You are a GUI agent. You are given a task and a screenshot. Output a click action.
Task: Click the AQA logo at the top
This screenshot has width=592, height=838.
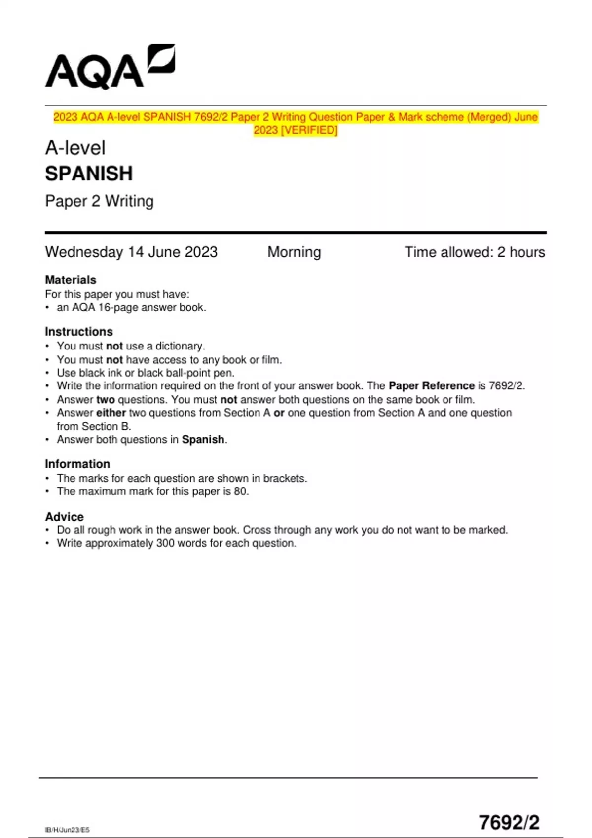(110, 68)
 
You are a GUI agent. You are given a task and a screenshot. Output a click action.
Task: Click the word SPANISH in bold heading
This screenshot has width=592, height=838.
(89, 174)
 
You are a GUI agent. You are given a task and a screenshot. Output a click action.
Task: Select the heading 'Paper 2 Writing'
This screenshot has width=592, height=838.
(99, 201)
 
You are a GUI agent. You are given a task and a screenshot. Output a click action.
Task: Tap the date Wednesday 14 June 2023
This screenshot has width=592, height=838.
(131, 252)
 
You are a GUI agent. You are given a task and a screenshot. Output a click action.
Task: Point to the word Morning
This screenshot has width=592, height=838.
(294, 252)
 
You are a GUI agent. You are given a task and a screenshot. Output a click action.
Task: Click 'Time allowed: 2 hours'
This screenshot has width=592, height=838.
(475, 252)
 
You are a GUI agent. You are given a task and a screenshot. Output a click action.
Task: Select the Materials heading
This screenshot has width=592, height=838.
(71, 279)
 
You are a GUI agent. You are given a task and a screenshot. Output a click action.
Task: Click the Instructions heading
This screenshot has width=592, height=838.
(79, 331)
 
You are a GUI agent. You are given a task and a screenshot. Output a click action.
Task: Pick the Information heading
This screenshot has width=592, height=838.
(77, 464)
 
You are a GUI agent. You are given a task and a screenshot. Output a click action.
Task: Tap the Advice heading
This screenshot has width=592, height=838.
(64, 516)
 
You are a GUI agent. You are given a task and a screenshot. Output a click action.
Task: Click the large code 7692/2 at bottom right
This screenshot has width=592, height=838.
(509, 822)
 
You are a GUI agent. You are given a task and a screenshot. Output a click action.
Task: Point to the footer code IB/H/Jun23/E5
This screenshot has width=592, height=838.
(67, 830)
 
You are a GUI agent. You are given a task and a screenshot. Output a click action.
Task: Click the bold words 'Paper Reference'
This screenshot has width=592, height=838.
(431, 385)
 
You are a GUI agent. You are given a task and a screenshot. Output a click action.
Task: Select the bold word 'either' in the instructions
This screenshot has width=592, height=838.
(111, 413)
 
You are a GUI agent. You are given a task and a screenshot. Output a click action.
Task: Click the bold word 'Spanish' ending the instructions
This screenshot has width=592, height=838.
(203, 439)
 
